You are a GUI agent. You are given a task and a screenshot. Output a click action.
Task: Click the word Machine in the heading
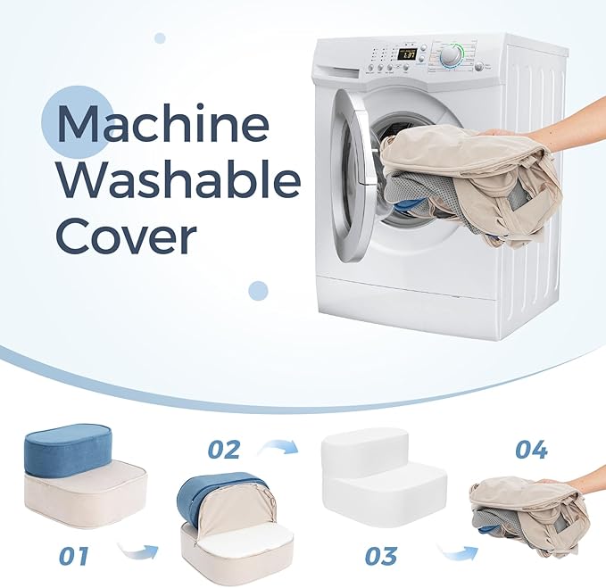tap(163, 124)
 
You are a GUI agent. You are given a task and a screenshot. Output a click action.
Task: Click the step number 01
tap(74, 555)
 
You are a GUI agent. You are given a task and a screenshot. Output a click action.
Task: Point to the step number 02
tap(223, 450)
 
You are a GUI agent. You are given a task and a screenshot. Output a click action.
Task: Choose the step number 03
tap(381, 555)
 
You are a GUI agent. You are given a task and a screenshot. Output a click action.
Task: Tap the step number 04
tap(531, 450)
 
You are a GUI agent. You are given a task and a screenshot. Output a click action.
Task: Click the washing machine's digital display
tap(407, 54)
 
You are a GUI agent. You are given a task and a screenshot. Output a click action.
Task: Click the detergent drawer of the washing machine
tap(340, 72)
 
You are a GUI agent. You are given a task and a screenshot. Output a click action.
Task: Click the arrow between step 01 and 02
tap(138, 551)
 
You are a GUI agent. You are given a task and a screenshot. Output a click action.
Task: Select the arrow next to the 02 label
tap(278, 447)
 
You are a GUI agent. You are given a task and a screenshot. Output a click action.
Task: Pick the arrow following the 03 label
tap(458, 551)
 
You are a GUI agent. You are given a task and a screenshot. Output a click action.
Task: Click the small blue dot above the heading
tap(160, 38)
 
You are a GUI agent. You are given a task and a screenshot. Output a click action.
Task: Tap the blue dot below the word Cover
tap(258, 290)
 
